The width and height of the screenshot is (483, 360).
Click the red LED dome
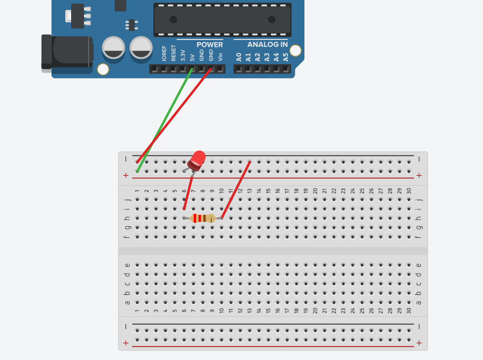tap(198, 158)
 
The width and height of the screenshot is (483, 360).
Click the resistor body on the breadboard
tap(203, 218)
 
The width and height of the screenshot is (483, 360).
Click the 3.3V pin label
tap(183, 55)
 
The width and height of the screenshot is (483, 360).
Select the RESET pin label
tap(173, 53)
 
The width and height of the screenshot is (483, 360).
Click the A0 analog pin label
tap(239, 57)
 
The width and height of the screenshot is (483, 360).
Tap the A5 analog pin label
tap(285, 57)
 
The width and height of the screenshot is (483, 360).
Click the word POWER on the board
tap(210, 45)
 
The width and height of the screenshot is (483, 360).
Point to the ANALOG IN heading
tap(268, 45)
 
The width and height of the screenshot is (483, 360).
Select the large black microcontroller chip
tap(222, 19)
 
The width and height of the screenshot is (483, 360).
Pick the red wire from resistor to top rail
tap(236, 189)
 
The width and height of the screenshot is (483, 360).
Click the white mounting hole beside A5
tap(295, 51)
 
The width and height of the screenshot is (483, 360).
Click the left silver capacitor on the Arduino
tap(113, 47)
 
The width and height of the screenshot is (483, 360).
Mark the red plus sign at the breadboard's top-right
tap(419, 176)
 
